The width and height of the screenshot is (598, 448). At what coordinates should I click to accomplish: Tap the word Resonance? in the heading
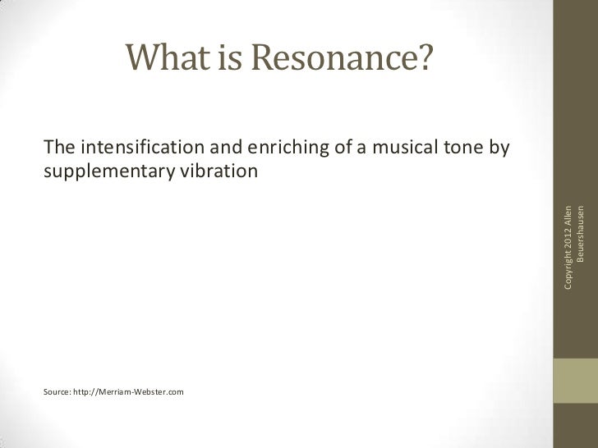343,57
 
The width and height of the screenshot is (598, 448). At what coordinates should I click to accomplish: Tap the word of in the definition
333,148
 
